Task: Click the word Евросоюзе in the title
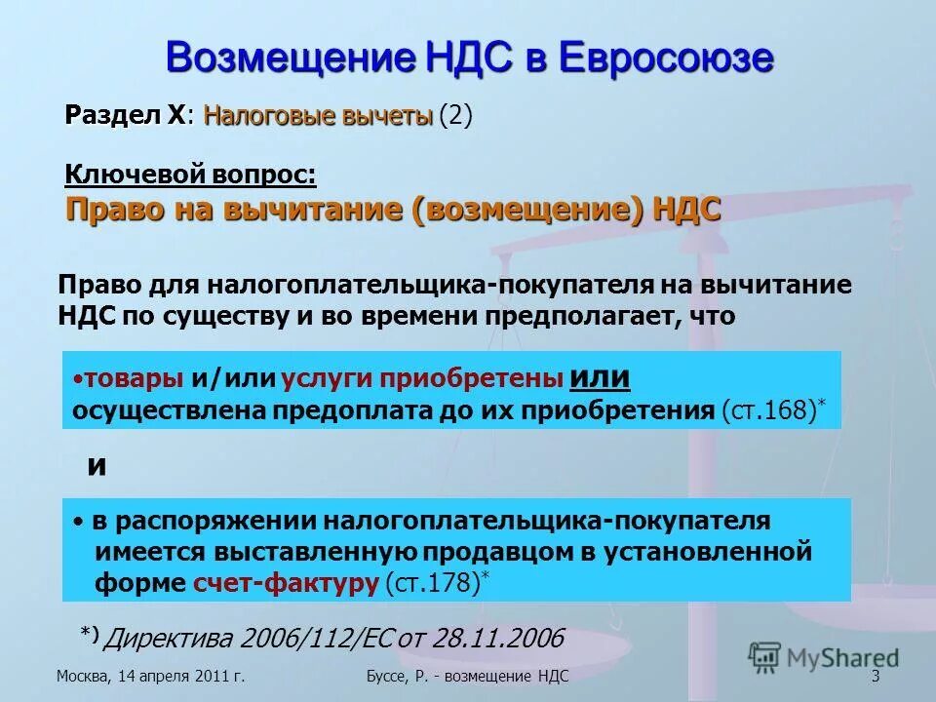666,58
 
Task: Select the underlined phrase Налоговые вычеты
317,116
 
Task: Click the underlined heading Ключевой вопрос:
190,175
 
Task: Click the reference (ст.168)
774,410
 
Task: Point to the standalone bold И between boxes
97,466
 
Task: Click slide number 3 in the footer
875,677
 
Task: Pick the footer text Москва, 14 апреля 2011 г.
150,677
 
